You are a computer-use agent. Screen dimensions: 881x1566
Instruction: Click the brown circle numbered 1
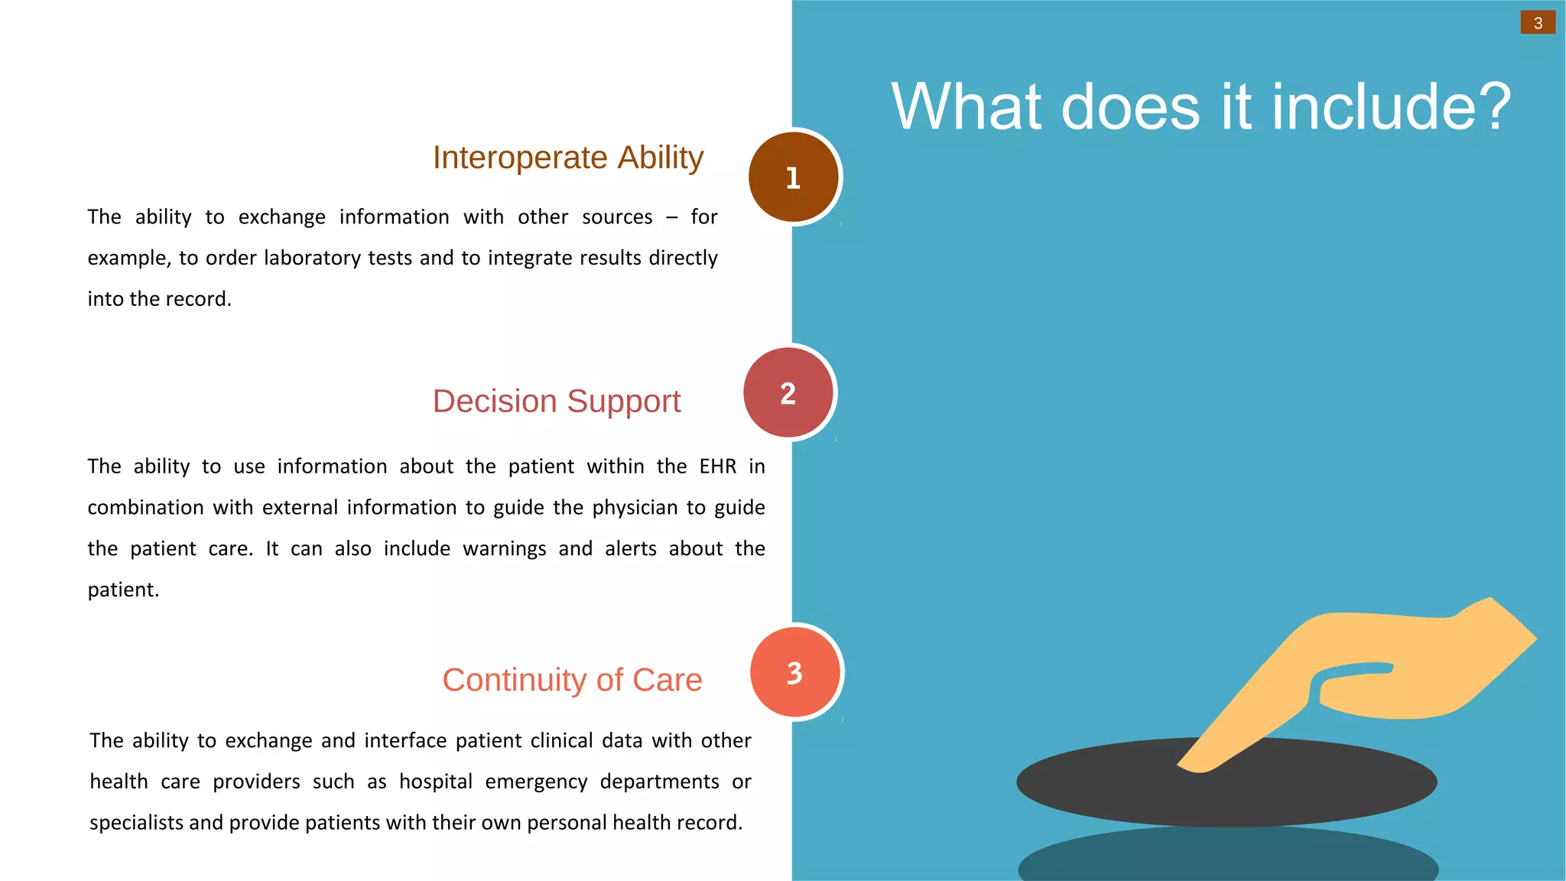(793, 177)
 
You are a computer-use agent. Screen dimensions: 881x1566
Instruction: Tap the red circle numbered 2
(788, 393)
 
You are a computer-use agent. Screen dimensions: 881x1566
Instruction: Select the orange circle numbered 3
(794, 673)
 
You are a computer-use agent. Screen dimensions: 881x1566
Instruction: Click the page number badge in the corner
(1538, 23)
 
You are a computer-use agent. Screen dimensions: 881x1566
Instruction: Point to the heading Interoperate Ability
(567, 158)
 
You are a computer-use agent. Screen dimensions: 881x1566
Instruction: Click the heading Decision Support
(556, 401)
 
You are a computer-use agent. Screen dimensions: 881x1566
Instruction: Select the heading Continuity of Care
(571, 680)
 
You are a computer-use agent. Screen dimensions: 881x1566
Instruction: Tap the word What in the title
(970, 107)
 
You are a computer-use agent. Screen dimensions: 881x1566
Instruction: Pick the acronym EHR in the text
(717, 467)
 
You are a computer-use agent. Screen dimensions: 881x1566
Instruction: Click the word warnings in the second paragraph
(504, 549)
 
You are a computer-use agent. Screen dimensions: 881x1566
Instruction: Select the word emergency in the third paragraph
(536, 782)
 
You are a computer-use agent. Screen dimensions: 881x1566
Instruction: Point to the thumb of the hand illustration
(1353, 673)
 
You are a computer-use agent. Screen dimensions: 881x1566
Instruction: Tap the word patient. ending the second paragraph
(123, 590)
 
